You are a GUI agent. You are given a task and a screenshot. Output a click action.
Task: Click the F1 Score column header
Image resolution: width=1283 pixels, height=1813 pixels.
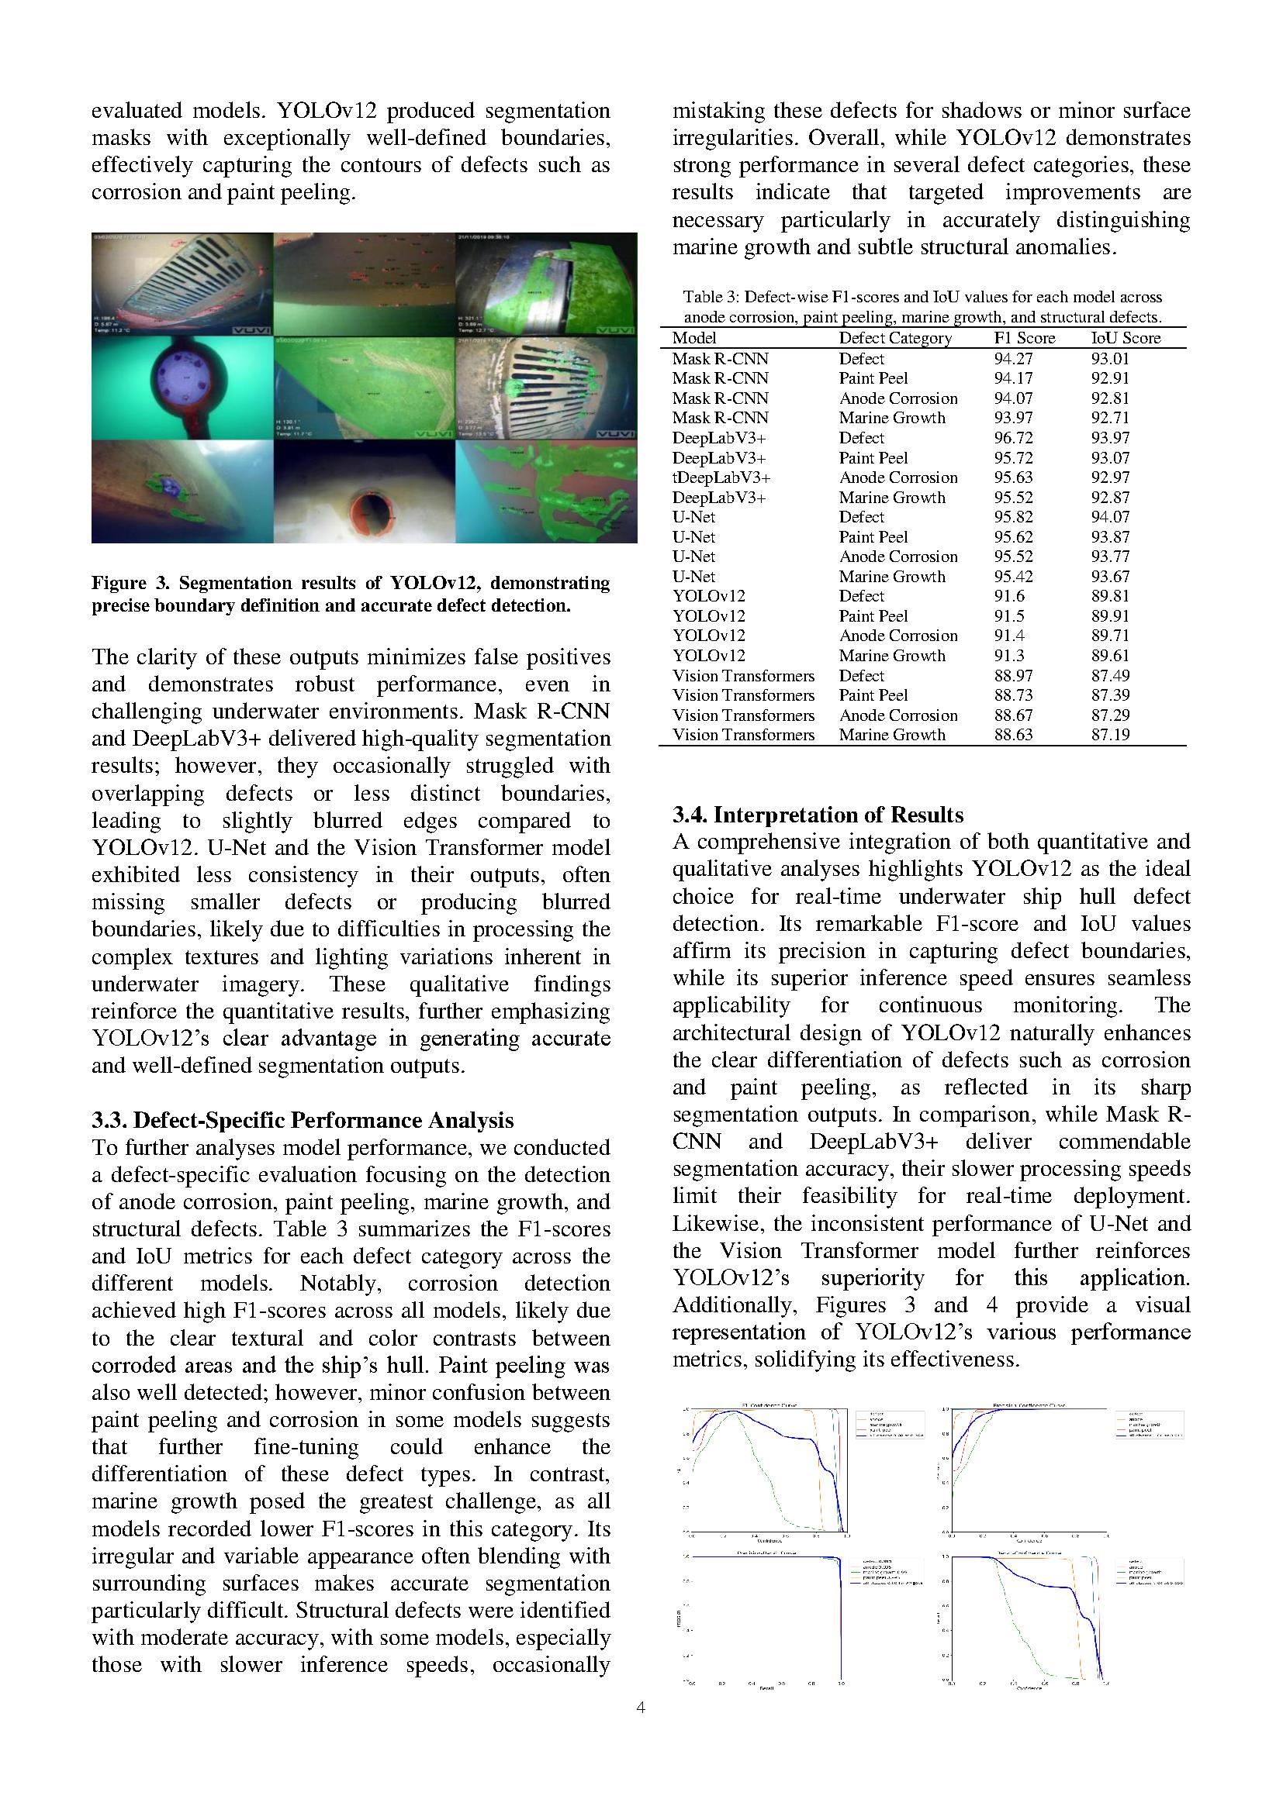[1024, 338]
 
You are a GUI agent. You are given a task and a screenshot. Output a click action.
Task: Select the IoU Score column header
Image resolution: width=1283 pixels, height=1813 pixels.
[1126, 338]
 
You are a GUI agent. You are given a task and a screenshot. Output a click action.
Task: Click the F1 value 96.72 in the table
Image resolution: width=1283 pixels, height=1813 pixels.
[1013, 437]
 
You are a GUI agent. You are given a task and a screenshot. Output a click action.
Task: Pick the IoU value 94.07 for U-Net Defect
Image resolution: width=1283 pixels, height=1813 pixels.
[1110, 516]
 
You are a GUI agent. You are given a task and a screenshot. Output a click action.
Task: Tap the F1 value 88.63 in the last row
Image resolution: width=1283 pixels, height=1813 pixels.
[1013, 734]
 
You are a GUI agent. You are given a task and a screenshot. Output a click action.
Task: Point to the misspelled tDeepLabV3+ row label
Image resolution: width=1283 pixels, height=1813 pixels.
[721, 477]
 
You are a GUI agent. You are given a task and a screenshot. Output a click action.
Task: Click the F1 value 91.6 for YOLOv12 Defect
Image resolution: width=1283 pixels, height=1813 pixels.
[1008, 596]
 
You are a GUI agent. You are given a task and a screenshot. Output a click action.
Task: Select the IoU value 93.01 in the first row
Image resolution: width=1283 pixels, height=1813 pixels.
[1110, 359]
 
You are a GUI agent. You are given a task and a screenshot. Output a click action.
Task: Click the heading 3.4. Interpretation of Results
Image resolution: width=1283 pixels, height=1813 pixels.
[818, 815]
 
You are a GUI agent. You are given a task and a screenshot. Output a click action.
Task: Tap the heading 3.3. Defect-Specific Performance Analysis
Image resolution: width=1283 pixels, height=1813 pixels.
[303, 1120]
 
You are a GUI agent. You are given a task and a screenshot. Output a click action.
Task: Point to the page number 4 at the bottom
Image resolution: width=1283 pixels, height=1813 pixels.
[641, 1708]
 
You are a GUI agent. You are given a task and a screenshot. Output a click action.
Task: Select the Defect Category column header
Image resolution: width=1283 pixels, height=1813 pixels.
[895, 338]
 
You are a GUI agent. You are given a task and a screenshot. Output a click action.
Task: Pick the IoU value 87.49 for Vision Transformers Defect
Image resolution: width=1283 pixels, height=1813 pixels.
[1110, 675]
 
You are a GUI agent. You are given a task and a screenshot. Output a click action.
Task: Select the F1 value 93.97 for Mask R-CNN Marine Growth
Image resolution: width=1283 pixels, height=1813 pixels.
[1013, 418]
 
